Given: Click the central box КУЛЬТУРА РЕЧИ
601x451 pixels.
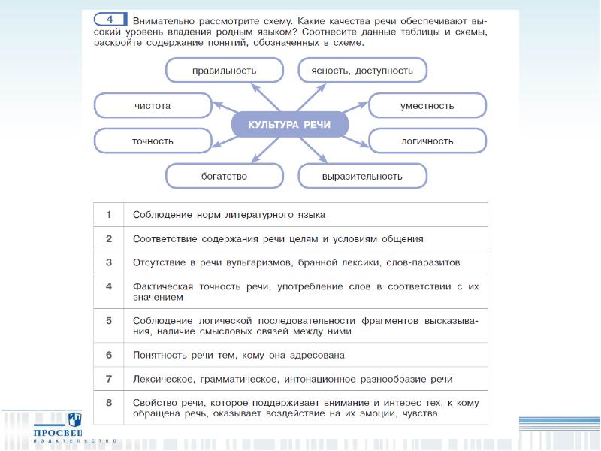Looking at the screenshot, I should pos(289,124).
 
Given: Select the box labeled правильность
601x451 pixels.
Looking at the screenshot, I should pos(224,71).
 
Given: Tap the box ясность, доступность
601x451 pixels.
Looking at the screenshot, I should pos(362,71).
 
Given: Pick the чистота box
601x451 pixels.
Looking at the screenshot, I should pos(153,106).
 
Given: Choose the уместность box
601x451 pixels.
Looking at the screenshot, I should pos(427,106).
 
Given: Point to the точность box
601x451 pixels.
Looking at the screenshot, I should pos(153,141).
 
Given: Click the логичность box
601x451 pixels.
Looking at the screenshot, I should pos(427,141).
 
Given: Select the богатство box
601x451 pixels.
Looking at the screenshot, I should pos(224,176).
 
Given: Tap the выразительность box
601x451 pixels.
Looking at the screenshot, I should pos(362,176).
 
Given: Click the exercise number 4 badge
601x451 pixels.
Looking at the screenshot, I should pos(110,18).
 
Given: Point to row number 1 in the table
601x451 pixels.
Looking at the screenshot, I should pos(109,215).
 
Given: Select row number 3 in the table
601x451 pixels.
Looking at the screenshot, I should pos(109,262).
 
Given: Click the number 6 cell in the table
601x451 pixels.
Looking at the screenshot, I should pos(109,354).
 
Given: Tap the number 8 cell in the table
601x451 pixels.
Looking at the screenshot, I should pos(109,402).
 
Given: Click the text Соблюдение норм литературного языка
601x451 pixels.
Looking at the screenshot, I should pos(228,215).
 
